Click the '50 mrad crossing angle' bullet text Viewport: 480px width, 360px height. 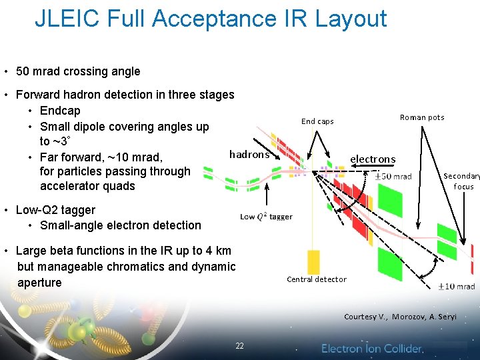(78, 71)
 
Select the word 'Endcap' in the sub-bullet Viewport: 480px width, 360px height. (60, 111)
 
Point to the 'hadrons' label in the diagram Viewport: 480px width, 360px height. (249, 155)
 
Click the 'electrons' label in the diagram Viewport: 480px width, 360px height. (373, 159)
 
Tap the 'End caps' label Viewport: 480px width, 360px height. (317, 121)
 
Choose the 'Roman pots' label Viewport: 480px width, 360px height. (421, 117)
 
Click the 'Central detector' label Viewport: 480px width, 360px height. (317, 279)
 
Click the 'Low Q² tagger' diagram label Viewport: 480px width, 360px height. (266, 217)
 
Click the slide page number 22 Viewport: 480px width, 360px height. (239, 346)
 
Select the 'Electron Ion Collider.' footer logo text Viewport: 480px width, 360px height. (372, 348)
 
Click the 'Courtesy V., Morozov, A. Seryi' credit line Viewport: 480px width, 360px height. (400, 317)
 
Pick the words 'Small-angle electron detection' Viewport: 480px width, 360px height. (120, 225)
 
